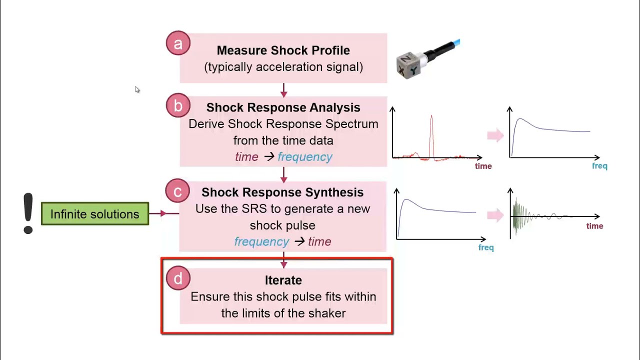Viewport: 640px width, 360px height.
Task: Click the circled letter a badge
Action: click(178, 43)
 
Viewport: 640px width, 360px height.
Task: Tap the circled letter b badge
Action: click(178, 105)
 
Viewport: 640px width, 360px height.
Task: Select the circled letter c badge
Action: click(177, 191)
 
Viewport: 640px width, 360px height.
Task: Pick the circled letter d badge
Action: click(178, 278)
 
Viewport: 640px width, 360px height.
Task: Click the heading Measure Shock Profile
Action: click(283, 50)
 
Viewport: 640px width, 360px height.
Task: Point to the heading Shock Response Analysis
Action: click(283, 107)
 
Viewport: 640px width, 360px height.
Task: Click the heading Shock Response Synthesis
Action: click(282, 192)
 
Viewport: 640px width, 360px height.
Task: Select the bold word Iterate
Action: click(283, 280)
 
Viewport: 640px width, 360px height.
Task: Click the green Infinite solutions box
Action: click(95, 214)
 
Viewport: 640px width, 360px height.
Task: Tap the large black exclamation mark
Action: click(28, 213)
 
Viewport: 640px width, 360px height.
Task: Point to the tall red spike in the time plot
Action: click(431, 135)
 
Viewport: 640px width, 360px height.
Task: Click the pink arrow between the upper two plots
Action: click(495, 135)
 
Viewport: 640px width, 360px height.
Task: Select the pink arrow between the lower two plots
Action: click(495, 215)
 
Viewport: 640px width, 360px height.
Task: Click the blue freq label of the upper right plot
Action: click(599, 166)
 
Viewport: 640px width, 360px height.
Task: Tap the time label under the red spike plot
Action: click(483, 166)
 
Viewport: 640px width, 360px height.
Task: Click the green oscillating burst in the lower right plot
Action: click(520, 216)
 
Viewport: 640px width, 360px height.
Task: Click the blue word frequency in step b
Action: click(305, 157)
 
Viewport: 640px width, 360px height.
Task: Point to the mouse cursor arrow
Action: click(137, 89)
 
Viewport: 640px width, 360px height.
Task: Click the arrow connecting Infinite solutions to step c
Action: click(163, 213)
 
